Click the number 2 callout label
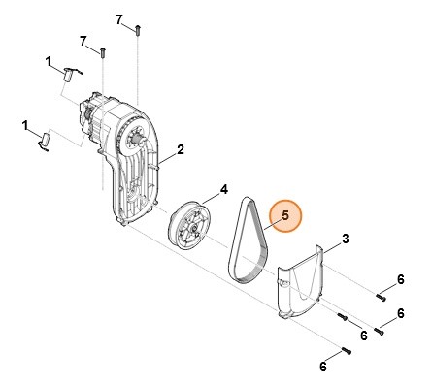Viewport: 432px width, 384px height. click(x=181, y=150)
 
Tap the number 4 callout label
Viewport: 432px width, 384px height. click(x=224, y=190)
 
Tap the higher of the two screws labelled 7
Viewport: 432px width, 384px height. click(x=141, y=28)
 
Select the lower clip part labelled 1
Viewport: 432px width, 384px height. click(x=43, y=141)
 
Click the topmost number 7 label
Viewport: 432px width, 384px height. click(x=119, y=18)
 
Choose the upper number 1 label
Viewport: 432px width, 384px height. click(x=49, y=61)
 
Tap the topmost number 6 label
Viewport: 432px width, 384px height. click(x=399, y=280)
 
